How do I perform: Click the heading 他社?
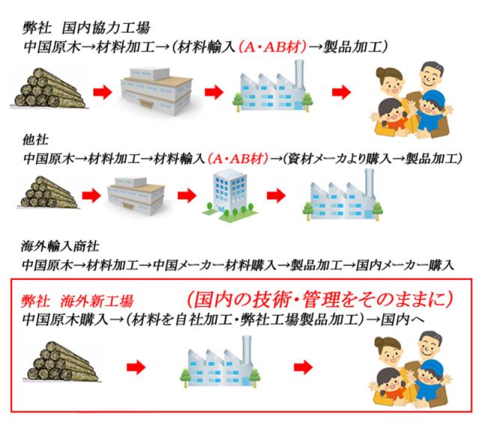pos(35,140)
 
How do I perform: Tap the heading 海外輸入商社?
pos(60,246)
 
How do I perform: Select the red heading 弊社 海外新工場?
pos(77,302)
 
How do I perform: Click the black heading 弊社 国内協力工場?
pos(86,28)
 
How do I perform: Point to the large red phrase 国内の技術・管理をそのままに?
pos(320,299)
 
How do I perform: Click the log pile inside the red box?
pos(62,361)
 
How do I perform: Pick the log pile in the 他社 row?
pos(49,192)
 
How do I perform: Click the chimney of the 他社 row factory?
pos(369,184)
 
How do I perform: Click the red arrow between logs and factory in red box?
pos(136,367)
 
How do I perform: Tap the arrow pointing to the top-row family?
pos(341,91)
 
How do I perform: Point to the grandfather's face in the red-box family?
pos(430,346)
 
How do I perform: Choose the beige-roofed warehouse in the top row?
pos(157,91)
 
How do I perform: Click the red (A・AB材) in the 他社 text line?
pos(238,159)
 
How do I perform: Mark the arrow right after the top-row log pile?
pos(103,91)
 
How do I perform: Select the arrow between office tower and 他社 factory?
pos(276,195)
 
